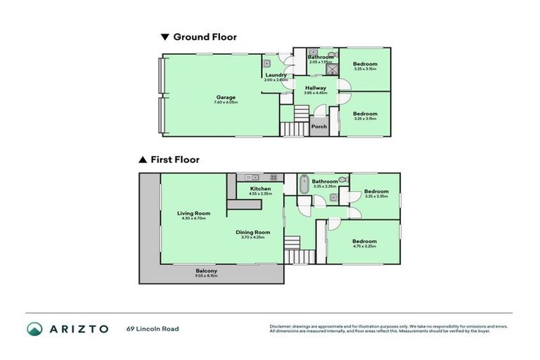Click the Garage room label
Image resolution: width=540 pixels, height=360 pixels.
(226, 97)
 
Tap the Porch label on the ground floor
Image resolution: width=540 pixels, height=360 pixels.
(319, 127)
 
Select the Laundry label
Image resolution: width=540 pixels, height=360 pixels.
(275, 75)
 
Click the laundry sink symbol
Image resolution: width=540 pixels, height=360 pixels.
(268, 62)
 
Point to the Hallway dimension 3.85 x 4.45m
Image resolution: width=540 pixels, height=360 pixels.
(315, 93)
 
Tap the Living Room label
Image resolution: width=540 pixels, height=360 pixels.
(193, 213)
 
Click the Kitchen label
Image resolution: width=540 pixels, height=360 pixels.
(260, 188)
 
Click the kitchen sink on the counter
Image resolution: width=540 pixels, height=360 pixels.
(251, 176)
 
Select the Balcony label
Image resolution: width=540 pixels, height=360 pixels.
(206, 271)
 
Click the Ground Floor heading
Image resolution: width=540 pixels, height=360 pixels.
(205, 37)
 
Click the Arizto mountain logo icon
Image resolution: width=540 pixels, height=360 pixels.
(34, 328)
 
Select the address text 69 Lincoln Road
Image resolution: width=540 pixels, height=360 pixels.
(153, 328)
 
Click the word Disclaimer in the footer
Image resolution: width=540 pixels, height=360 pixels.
(281, 326)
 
